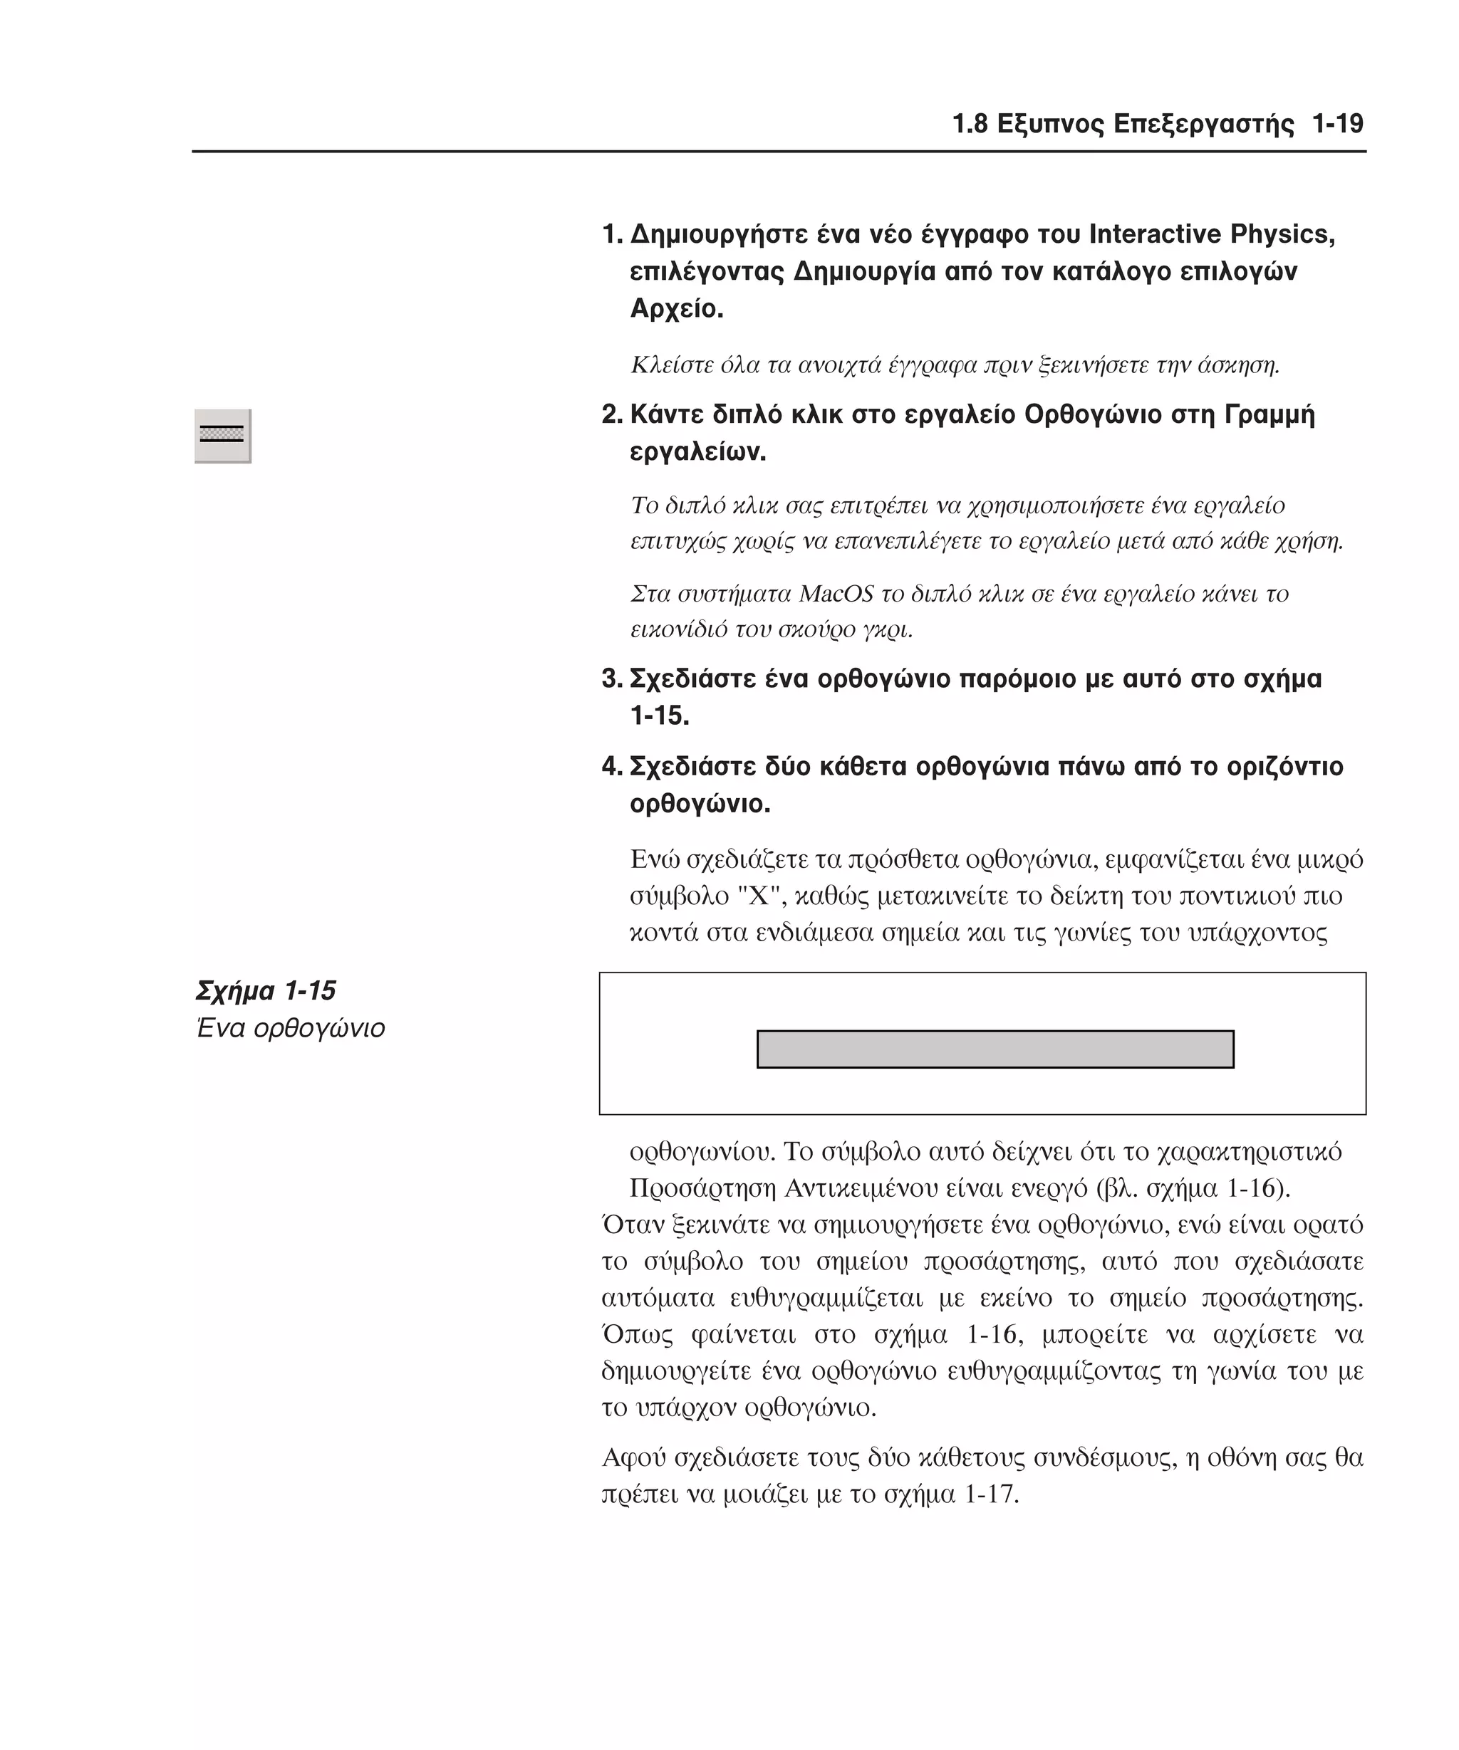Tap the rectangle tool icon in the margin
222,435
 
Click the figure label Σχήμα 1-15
265,990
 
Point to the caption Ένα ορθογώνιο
290,1027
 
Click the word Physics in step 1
1282,234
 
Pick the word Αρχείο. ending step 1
676,309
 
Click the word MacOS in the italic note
836,594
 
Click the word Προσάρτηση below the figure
703,1188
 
